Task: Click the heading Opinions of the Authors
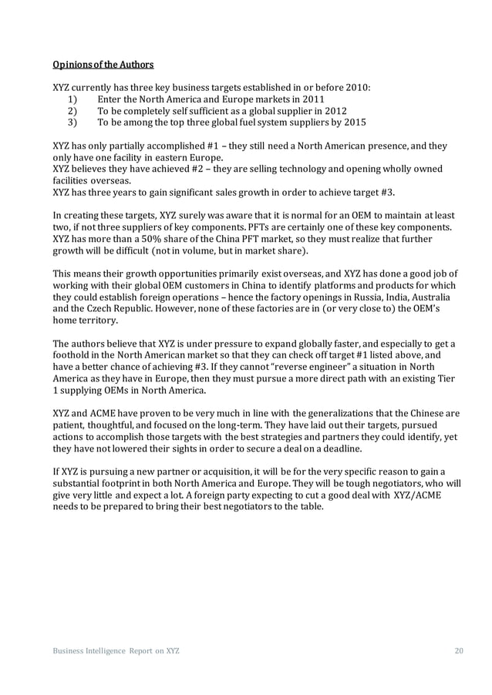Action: click(103, 63)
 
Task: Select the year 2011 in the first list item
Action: click(312, 99)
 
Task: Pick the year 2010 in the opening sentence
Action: click(356, 87)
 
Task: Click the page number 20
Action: click(459, 652)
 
